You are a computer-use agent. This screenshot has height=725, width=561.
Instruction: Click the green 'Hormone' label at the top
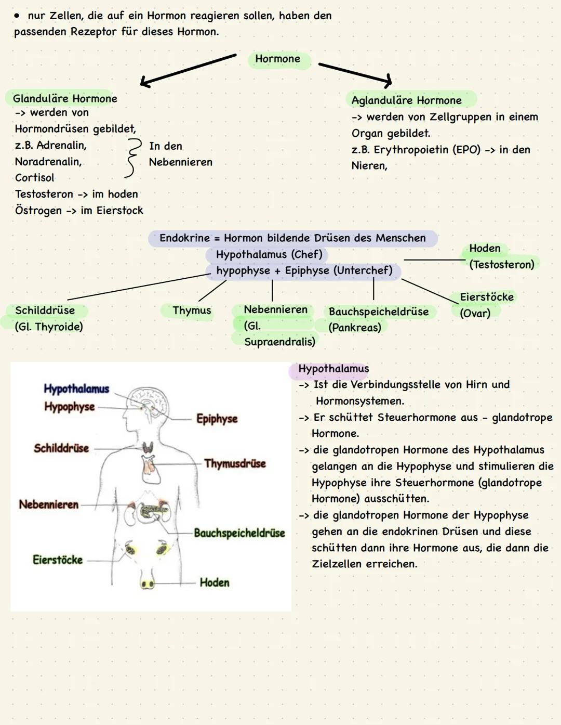tap(278, 59)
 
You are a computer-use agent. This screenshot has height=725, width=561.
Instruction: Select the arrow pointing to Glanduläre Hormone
tap(188, 70)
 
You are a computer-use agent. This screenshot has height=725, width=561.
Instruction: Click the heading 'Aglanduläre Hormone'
tap(407, 100)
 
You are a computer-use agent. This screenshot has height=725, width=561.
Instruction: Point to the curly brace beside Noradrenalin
tap(133, 158)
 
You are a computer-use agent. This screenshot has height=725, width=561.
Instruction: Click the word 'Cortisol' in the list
tap(35, 178)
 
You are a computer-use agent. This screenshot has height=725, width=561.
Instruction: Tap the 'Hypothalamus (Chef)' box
tap(269, 254)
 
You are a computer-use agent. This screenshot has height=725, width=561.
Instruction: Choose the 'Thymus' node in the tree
tap(192, 310)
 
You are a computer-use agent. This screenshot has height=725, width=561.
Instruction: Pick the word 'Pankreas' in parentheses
tap(355, 328)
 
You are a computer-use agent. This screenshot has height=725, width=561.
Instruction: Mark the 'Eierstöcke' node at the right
tap(487, 297)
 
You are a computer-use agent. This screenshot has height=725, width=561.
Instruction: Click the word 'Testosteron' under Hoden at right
tap(502, 265)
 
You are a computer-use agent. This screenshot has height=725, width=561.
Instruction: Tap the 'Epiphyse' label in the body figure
tap(217, 419)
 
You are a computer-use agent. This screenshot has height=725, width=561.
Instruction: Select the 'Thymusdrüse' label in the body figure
tap(235, 463)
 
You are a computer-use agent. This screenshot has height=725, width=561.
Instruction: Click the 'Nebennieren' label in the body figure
tap(49, 504)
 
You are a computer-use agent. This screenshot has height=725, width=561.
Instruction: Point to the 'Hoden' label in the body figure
tap(215, 582)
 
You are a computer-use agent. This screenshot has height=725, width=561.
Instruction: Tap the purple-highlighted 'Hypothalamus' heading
tap(333, 369)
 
